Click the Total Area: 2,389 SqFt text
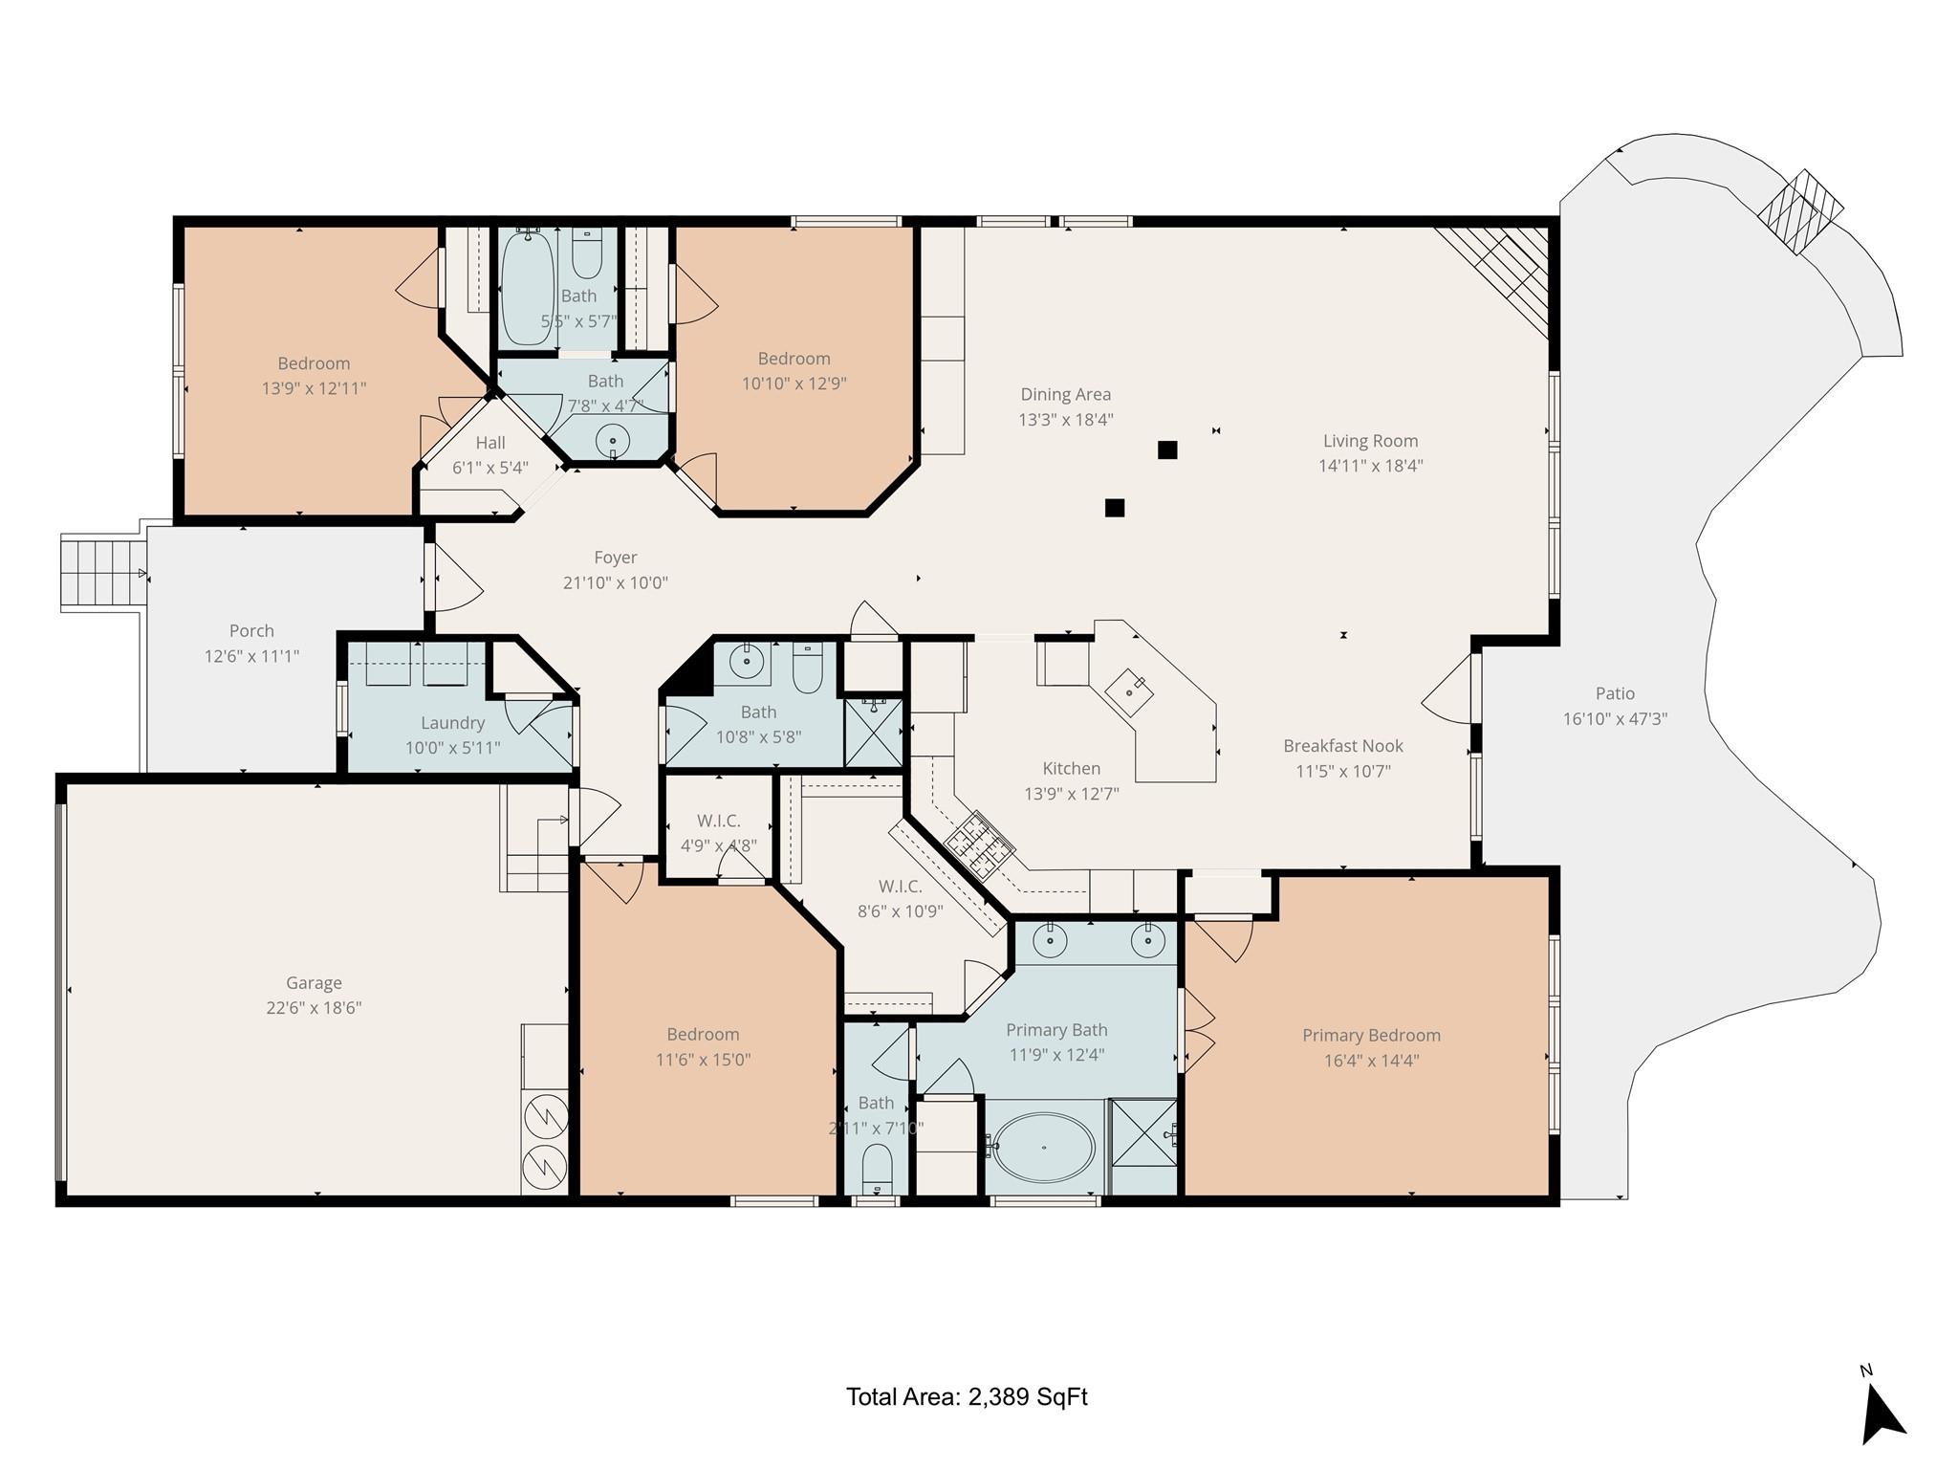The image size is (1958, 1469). (967, 1397)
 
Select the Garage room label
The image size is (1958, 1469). (314, 982)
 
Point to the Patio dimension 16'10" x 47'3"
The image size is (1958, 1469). (1615, 718)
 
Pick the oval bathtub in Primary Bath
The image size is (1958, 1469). (1044, 1147)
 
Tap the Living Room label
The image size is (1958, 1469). (1370, 441)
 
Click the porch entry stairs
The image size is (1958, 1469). (101, 573)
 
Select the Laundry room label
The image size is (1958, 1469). (452, 723)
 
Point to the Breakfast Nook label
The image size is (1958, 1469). (1342, 746)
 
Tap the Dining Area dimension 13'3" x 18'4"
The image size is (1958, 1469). (1065, 419)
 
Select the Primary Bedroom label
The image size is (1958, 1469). (1371, 1035)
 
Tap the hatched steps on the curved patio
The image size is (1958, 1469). (1803, 212)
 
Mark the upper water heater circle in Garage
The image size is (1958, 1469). (546, 1115)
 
